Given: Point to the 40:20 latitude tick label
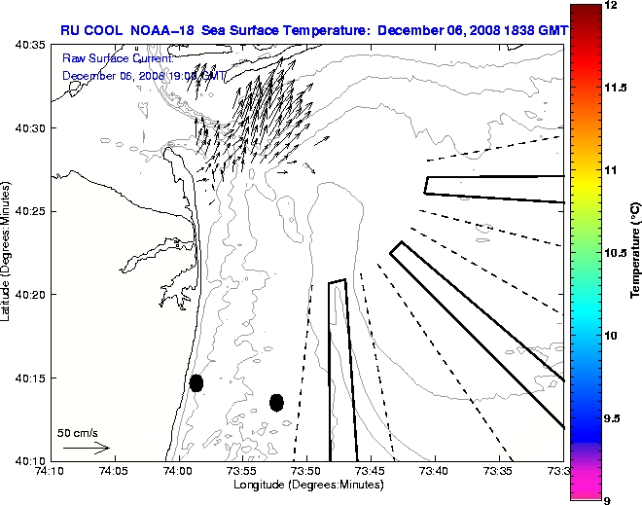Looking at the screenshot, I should (29, 295).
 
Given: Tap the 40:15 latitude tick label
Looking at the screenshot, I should (29, 378).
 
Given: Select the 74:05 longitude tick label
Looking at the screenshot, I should (114, 471).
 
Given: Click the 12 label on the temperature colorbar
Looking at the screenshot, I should (612, 6).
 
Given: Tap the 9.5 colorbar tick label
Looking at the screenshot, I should (615, 417).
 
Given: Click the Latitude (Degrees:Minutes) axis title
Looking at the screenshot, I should (7, 252).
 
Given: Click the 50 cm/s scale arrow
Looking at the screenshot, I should (87, 449).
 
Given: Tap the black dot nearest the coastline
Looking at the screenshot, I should (196, 382).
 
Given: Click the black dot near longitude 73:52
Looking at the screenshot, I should (276, 402).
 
